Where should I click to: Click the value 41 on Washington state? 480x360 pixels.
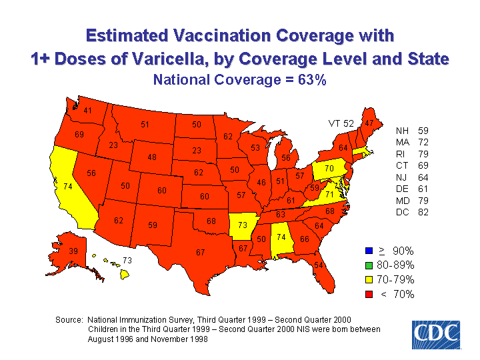coord(87,111)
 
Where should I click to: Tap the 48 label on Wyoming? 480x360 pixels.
coord(152,157)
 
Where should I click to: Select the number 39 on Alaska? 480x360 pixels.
coord(73,251)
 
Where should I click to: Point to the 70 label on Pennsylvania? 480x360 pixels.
coord(329,169)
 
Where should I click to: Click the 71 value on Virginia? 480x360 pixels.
coord(329,193)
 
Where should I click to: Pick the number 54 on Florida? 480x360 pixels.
coord(319,265)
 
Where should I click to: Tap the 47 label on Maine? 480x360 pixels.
coord(369,123)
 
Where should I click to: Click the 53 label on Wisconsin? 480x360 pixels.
coord(255,147)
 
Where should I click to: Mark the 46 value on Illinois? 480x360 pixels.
coord(261,182)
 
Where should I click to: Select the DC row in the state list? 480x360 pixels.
coord(412,213)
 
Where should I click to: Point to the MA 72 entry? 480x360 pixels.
coord(412,143)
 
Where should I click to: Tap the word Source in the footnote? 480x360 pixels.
coord(69,320)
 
